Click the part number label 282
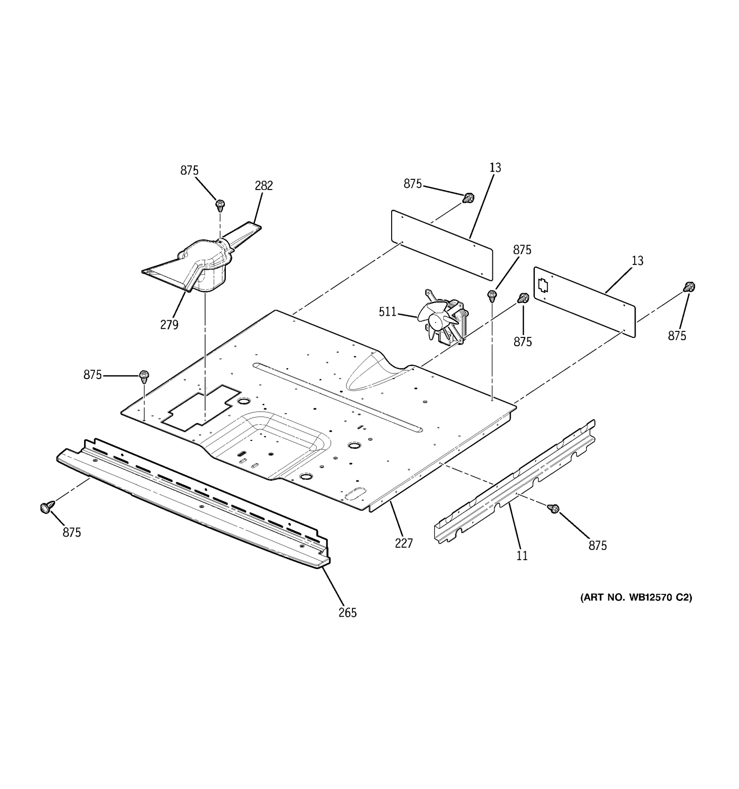[264, 186]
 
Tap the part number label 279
[169, 325]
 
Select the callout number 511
[388, 312]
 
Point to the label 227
[403, 544]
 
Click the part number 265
[347, 613]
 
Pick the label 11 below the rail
[522, 556]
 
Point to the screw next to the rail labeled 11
[553, 508]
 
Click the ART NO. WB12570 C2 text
[636, 598]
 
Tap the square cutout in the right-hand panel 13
[543, 286]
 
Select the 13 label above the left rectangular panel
[495, 168]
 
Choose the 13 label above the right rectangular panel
[637, 261]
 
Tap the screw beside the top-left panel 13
[468, 198]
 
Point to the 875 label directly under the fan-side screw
[522, 342]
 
